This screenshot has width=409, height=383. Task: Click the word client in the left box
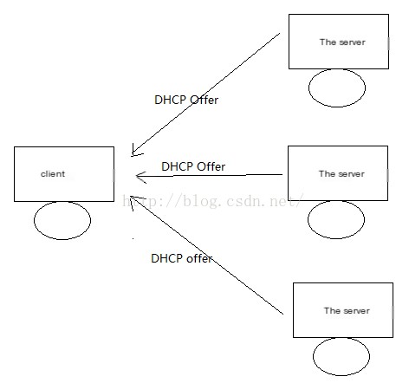[x=53, y=174]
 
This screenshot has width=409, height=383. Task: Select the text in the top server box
[x=342, y=42]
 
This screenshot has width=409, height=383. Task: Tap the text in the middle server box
[x=341, y=174]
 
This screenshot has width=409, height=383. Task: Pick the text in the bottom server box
[x=347, y=311]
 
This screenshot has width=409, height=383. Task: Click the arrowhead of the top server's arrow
[x=133, y=153]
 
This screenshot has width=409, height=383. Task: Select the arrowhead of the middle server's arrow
[x=136, y=176]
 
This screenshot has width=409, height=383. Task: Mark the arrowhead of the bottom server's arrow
[x=131, y=197]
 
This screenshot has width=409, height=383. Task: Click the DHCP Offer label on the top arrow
[x=186, y=100]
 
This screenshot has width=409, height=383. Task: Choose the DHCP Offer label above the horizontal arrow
[x=193, y=166]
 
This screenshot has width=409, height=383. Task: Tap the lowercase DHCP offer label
[x=182, y=258]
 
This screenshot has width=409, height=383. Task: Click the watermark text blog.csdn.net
[x=213, y=201]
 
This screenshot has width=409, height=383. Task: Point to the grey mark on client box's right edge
[x=114, y=176]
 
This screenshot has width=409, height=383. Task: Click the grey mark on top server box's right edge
[x=388, y=43]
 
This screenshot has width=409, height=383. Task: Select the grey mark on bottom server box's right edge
[x=393, y=313]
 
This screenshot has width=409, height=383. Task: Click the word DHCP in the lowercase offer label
[x=167, y=258]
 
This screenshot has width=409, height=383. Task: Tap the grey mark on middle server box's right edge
[x=387, y=175]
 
